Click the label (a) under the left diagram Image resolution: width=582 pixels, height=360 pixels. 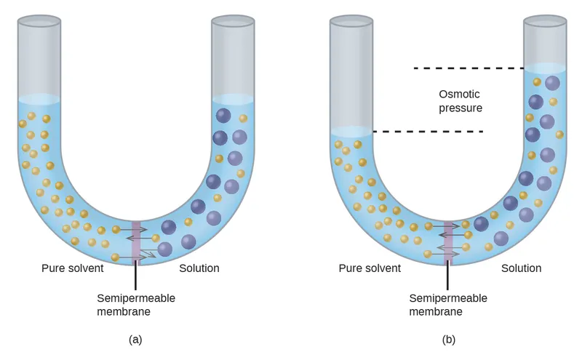[135, 339]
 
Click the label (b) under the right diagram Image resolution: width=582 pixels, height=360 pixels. [448, 339]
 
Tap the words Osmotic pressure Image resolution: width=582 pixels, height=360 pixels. [461, 101]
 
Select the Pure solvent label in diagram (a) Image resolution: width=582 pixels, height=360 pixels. [72, 268]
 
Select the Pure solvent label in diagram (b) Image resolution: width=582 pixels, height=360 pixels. [370, 268]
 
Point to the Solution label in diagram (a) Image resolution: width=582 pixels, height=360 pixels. [199, 268]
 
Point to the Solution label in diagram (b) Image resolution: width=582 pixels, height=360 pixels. [521, 268]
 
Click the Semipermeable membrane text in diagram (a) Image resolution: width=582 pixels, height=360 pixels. [136, 305]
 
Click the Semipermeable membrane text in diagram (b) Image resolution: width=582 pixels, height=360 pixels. [448, 305]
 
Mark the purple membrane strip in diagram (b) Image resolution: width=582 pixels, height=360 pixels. [449, 241]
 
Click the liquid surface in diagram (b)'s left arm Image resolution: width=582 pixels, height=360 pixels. [351, 132]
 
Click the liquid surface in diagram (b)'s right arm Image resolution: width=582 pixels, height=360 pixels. [546, 68]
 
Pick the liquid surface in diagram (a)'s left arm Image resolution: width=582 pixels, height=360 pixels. [39, 99]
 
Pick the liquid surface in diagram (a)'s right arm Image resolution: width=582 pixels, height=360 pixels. [233, 99]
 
